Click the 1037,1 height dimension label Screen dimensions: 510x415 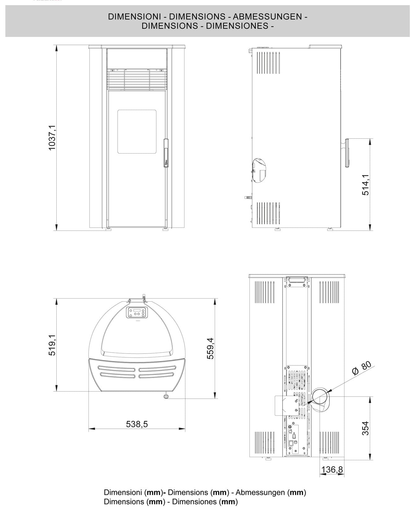pyautogui.click(x=52, y=138)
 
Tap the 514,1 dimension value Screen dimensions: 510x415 pyautogui.click(x=365, y=185)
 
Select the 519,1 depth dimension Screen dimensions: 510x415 pyautogui.click(x=52, y=345)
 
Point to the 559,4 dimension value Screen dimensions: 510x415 pyautogui.click(x=210, y=348)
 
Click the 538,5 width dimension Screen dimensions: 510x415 pyautogui.click(x=137, y=424)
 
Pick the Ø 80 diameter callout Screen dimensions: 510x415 pyautogui.click(x=362, y=367)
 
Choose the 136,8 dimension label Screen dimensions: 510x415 pyautogui.click(x=332, y=470)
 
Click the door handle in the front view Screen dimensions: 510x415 pyautogui.click(x=166, y=153)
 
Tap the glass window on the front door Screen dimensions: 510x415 pyautogui.click(x=136, y=132)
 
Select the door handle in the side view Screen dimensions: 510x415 pyautogui.click(x=347, y=153)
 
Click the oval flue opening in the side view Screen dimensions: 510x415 pyautogui.click(x=259, y=170)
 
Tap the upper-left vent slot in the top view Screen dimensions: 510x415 pyautogui.click(x=117, y=368)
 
